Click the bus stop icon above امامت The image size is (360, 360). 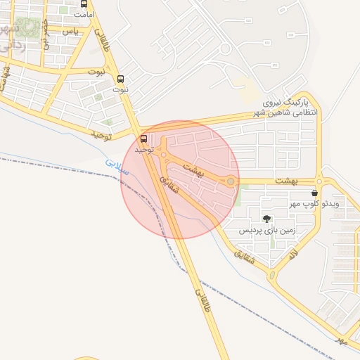point(84,4)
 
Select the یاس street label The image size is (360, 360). point(70,32)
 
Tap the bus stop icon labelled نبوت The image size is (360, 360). point(121,79)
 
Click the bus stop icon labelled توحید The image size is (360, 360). point(144,139)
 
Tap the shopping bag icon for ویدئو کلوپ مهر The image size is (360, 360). point(314,193)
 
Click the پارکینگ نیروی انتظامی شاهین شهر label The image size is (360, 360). point(285,108)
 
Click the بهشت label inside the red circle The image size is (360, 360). point(193,169)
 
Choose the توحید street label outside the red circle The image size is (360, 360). point(101,134)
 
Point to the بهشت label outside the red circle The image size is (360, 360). point(307,181)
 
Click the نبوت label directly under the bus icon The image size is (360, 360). point(121,90)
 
